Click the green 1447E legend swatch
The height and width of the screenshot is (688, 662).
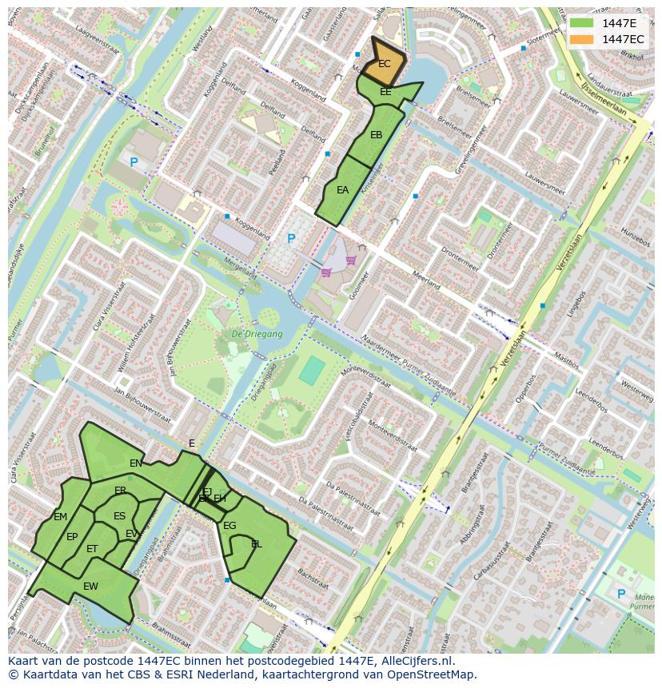click(x=581, y=23)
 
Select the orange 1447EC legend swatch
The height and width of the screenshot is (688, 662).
click(x=581, y=39)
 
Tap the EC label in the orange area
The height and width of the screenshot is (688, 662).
click(x=385, y=64)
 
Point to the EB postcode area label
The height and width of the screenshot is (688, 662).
click(x=376, y=134)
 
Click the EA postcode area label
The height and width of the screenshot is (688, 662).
click(x=342, y=190)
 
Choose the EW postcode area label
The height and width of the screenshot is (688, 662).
click(x=90, y=586)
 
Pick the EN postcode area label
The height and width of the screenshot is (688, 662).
click(x=136, y=463)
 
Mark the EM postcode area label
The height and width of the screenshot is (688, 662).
click(x=61, y=517)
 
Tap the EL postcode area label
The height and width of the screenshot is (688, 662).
click(x=257, y=544)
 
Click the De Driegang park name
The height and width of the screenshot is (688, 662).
click(x=257, y=334)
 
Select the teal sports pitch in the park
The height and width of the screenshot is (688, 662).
click(x=312, y=370)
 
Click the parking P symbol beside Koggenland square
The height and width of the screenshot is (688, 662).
click(x=291, y=239)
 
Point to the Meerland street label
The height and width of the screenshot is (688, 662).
click(x=426, y=280)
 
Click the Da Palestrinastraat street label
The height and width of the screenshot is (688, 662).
click(x=325, y=511)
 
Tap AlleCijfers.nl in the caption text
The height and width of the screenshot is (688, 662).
click(x=415, y=661)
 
